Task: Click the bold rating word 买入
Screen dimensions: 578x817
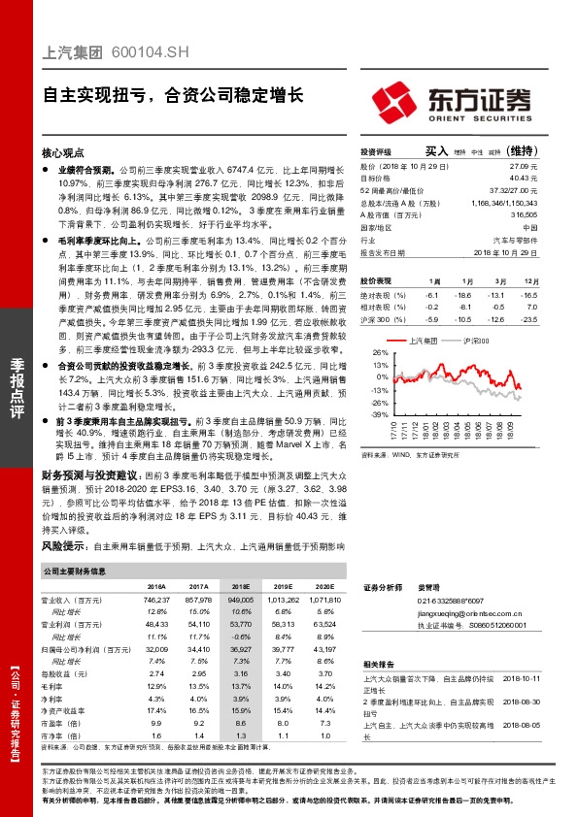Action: point(435,151)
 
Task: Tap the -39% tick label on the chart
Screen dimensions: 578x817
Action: point(378,414)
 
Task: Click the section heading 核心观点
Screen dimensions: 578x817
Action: point(63,153)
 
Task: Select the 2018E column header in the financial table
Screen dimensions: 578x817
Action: point(241,587)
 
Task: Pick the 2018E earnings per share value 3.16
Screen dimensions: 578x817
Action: point(242,672)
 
